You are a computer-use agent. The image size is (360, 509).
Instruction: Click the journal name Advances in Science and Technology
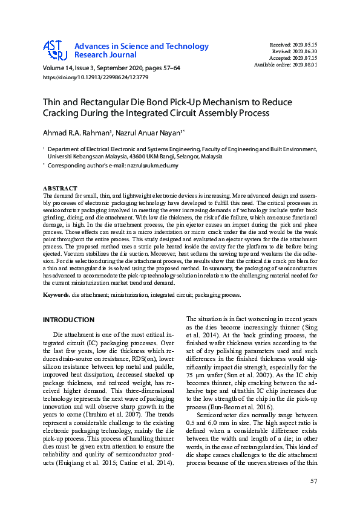point(141,47)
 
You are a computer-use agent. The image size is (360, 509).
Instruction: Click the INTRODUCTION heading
point(68,319)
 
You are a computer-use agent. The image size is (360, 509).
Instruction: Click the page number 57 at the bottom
point(313,481)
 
